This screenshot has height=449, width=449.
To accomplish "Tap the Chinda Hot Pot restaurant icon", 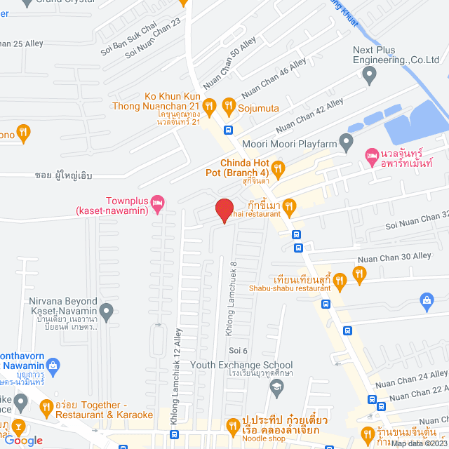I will click(278, 168).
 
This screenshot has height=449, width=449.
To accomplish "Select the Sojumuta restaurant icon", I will click(228, 106).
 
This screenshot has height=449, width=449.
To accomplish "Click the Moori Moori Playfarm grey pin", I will click(346, 143).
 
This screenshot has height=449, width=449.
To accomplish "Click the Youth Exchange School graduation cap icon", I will click(277, 386).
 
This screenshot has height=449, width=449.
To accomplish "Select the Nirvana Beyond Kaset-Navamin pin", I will click(106, 309).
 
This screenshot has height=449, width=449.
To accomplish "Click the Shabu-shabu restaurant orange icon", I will click(340, 282).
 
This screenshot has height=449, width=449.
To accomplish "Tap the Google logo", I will click(24, 440).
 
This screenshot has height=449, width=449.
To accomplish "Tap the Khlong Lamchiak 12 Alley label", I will click(175, 376).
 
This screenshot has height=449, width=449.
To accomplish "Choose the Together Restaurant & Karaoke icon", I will click(46, 407).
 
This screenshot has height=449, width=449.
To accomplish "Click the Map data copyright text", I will click(418, 443).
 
